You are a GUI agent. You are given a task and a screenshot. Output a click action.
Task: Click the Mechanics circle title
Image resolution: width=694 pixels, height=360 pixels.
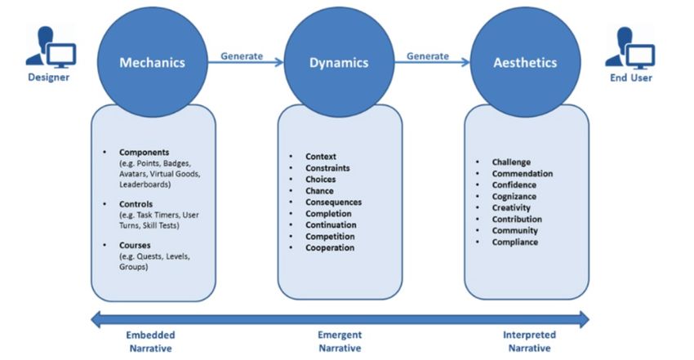[x=153, y=62]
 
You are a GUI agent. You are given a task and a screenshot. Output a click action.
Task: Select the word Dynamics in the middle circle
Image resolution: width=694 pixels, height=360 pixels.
[x=339, y=62]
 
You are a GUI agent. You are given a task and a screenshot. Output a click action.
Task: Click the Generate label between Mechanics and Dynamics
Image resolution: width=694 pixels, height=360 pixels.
[x=242, y=56]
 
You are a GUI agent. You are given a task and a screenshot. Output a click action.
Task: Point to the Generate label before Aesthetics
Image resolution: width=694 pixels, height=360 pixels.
[x=428, y=56]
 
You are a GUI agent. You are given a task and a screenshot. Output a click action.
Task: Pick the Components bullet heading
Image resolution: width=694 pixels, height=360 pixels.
[x=145, y=152]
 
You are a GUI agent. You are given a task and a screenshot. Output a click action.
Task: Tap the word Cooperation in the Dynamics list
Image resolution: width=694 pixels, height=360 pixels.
[x=330, y=248]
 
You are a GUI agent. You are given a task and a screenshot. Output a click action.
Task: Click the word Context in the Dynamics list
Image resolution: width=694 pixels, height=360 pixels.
[x=321, y=157]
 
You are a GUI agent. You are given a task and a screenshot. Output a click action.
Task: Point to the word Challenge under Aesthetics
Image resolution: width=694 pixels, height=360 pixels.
[x=511, y=162]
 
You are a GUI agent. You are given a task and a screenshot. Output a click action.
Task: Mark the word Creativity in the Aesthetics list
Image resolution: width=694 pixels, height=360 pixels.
[x=511, y=208]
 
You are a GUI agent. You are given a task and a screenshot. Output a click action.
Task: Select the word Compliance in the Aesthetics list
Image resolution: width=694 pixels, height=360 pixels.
[x=514, y=242]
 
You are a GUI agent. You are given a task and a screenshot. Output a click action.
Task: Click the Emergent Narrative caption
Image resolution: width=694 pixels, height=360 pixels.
[x=339, y=340]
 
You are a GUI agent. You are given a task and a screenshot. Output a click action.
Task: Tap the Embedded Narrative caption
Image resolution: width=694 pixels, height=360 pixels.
[x=150, y=340]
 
